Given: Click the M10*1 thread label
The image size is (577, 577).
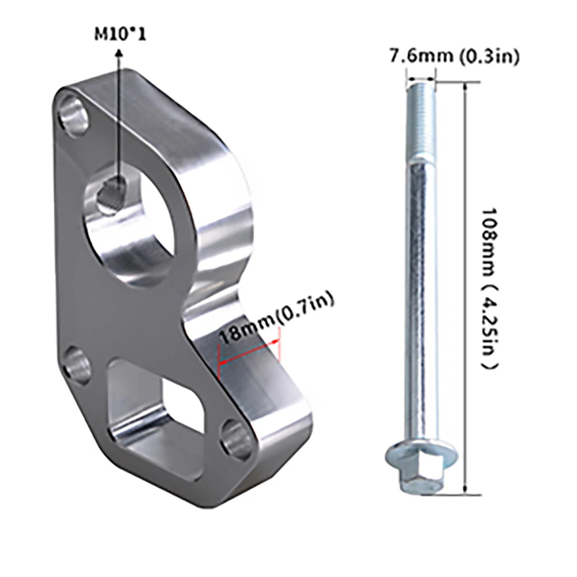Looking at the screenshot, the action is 121,35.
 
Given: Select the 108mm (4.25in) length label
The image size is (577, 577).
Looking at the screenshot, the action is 491,288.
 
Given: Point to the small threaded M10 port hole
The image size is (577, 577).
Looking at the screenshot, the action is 112,194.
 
